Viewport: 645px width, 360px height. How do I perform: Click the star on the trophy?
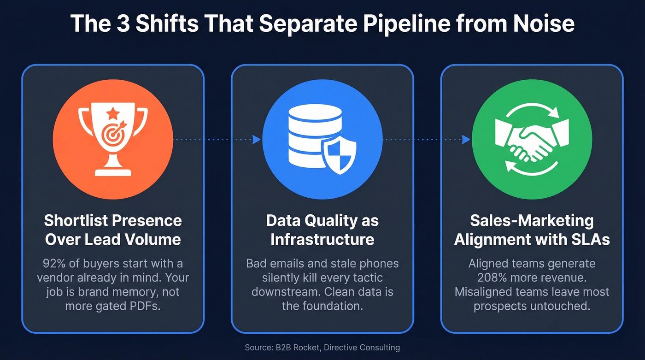pyautogui.click(x=113, y=112)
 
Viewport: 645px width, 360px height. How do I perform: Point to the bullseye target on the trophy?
pyautogui.click(x=112, y=135)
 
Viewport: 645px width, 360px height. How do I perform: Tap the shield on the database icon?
pyautogui.click(x=339, y=156)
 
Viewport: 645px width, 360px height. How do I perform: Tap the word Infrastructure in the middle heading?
pyautogui.click(x=322, y=240)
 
